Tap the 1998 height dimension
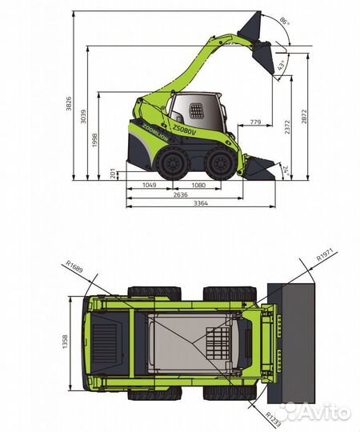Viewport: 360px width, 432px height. (94, 140)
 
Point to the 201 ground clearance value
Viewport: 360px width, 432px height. (112, 173)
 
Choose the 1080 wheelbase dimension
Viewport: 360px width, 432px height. (199, 185)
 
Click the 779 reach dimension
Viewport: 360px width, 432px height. (255, 122)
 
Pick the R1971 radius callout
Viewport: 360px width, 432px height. (323, 254)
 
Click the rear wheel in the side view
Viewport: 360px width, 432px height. (172, 165)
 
